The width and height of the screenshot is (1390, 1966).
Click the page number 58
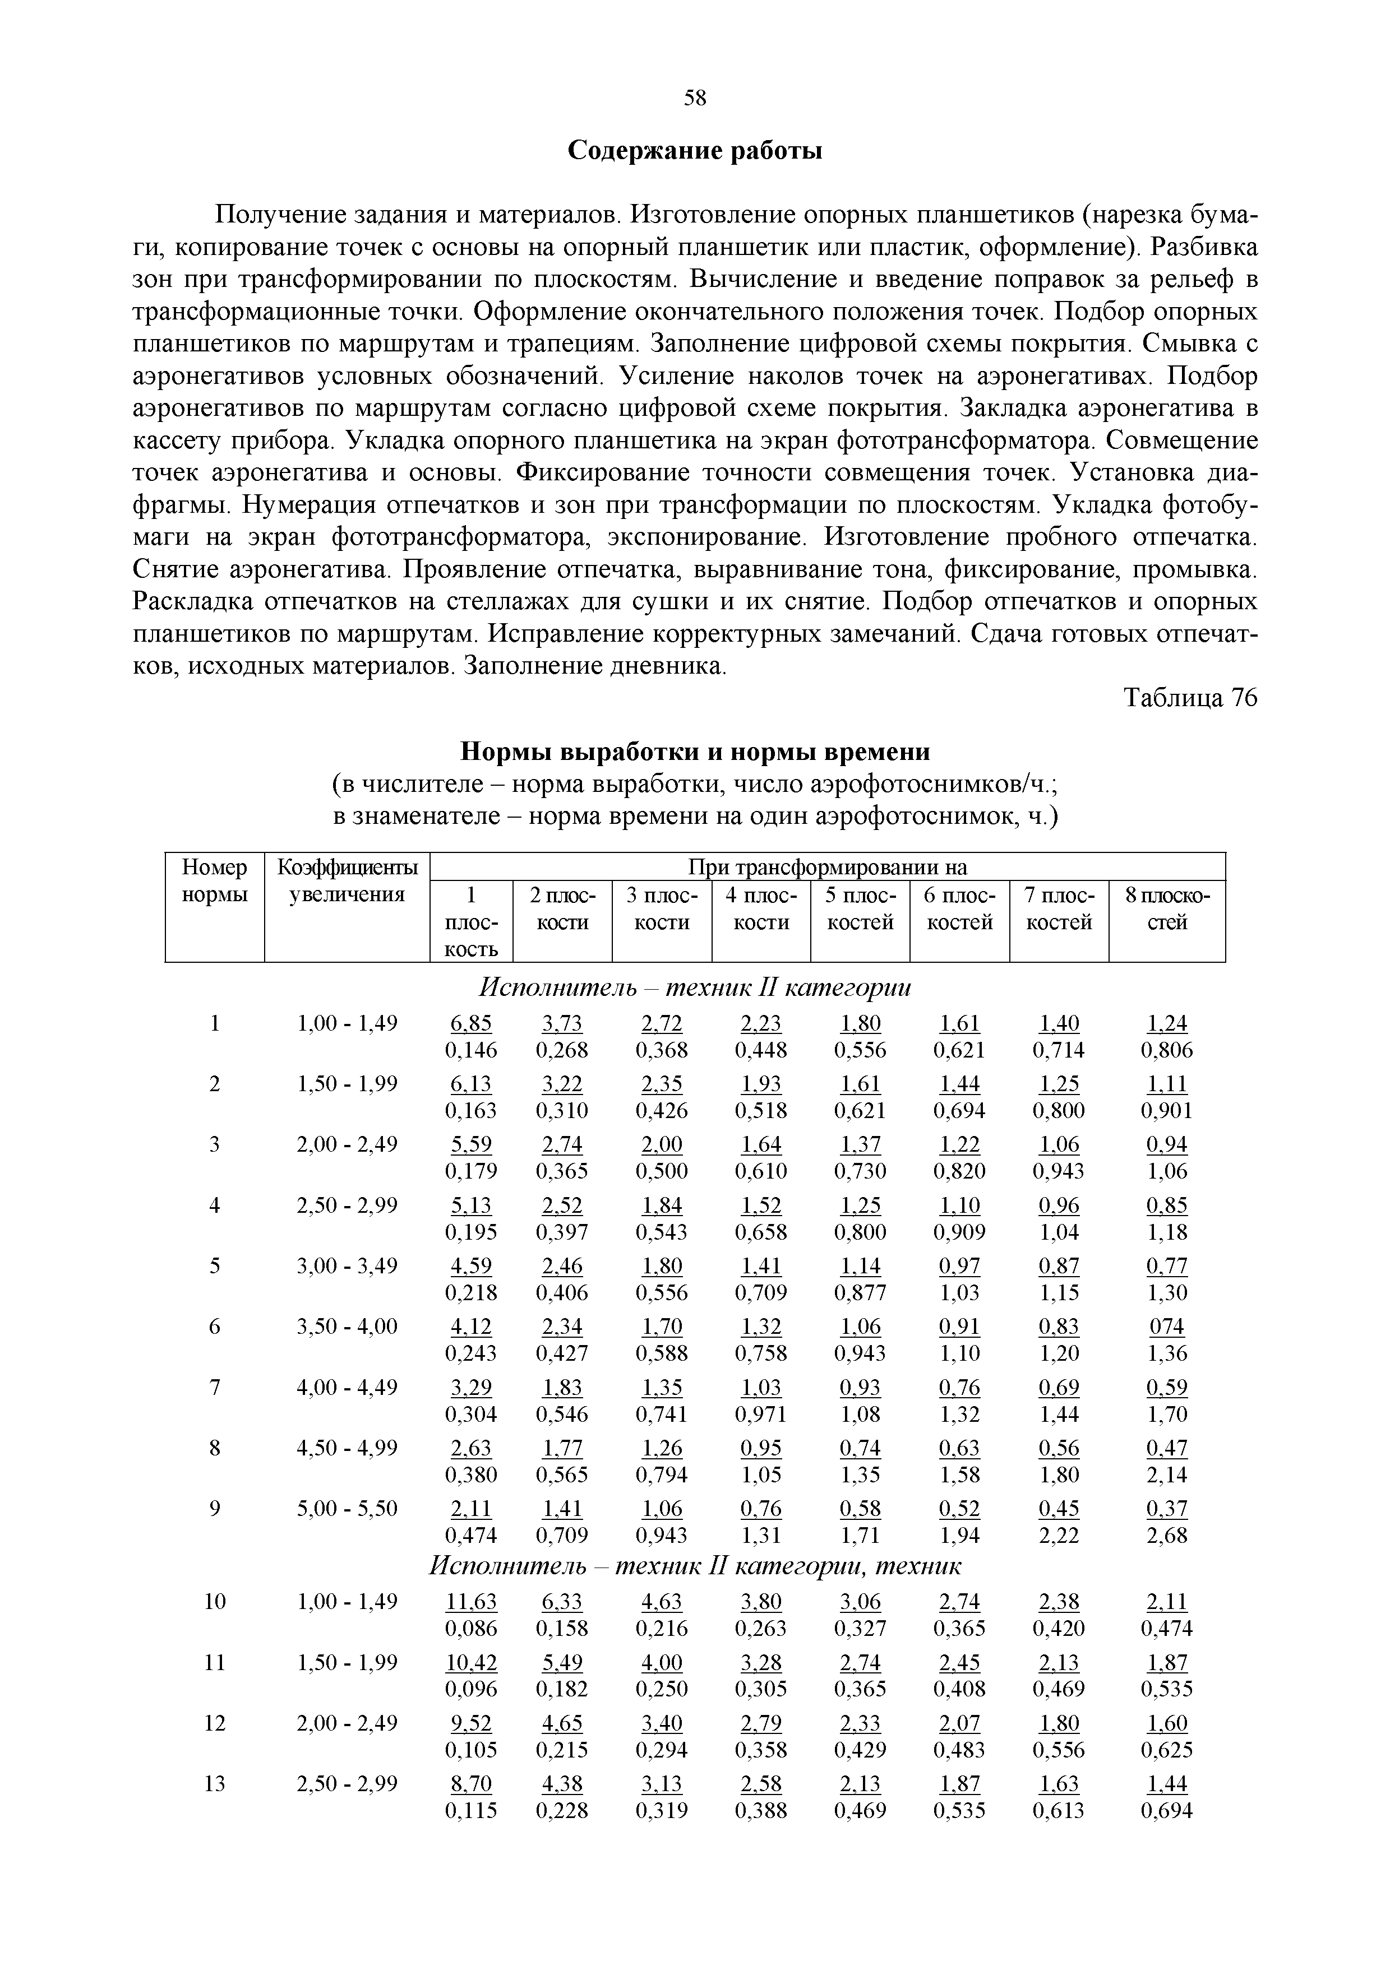point(695,99)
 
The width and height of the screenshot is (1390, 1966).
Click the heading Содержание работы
point(695,151)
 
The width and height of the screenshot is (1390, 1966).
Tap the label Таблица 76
point(1190,699)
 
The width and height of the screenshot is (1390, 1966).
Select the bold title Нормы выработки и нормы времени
point(695,752)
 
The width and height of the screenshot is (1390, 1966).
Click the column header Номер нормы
point(215,881)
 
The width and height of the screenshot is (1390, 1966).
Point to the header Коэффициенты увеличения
point(347,881)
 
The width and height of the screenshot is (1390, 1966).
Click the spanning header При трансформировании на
point(827,868)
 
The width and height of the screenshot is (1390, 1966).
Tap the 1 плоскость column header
point(471,921)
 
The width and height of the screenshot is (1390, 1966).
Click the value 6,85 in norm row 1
point(471,1024)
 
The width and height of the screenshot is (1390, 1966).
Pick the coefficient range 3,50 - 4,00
point(347,1327)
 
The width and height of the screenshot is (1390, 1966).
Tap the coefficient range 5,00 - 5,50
point(347,1508)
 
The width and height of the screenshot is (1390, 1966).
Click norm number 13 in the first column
point(215,1784)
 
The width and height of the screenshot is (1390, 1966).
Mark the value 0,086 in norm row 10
point(471,1627)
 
